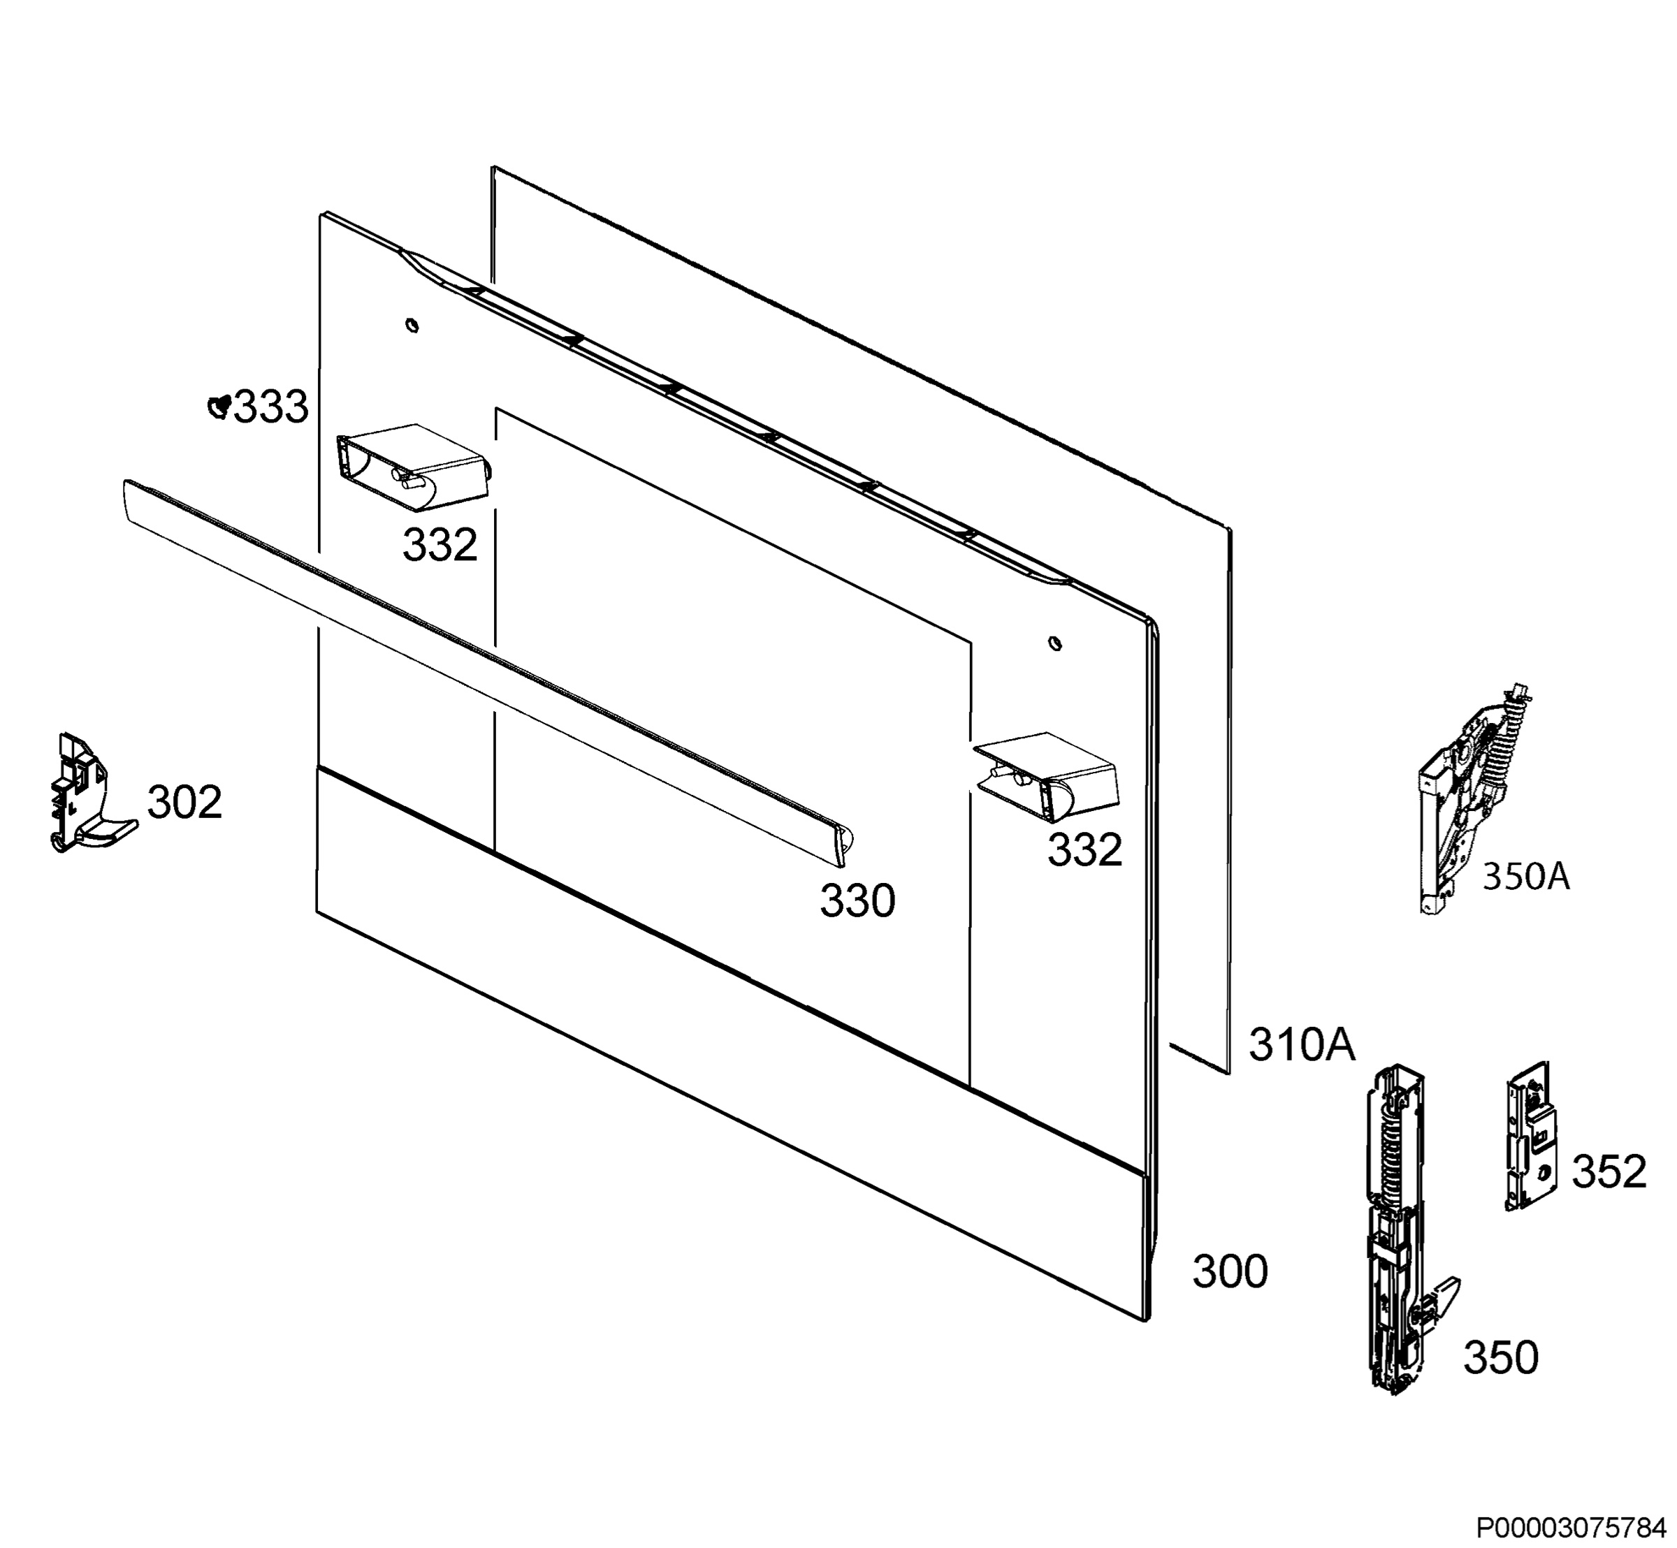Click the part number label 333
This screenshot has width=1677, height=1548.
pyautogui.click(x=270, y=408)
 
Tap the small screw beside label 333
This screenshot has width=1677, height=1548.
pyautogui.click(x=219, y=407)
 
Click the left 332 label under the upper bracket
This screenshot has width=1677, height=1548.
pyautogui.click(x=440, y=546)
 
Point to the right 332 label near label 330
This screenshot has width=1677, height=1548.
pyautogui.click(x=1084, y=851)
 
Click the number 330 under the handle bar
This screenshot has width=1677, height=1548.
pyautogui.click(x=857, y=902)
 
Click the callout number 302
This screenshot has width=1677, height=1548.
pyautogui.click(x=184, y=803)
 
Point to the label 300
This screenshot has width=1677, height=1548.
pyautogui.click(x=1230, y=1271)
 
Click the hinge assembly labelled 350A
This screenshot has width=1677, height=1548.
pyautogui.click(x=1474, y=799)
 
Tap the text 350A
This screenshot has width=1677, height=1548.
pyautogui.click(x=1526, y=877)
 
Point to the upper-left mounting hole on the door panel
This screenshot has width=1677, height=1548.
pyautogui.click(x=412, y=325)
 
